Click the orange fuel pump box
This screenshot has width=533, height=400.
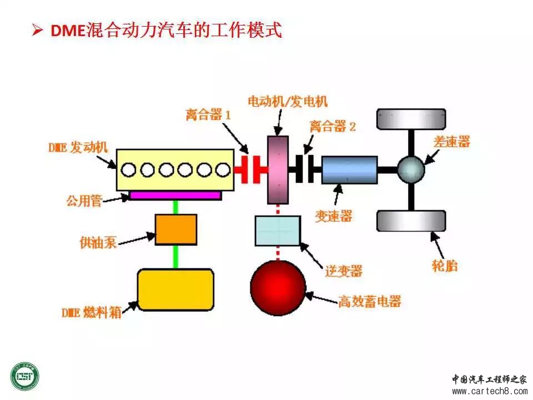[x=176, y=229]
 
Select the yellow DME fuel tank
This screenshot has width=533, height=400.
[x=175, y=289]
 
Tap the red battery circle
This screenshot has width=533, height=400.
[x=278, y=288]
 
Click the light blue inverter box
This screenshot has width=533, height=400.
[x=278, y=231]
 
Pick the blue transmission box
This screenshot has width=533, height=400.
[x=349, y=170]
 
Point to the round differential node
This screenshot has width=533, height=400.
[x=411, y=169]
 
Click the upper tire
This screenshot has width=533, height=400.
[x=411, y=119]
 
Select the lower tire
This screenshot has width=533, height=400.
[x=411, y=221]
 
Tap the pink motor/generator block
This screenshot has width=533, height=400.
[x=278, y=170]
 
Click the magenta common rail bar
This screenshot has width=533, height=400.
[x=175, y=195]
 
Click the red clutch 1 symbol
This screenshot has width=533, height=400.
[x=250, y=169]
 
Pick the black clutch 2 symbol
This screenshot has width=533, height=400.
[x=305, y=169]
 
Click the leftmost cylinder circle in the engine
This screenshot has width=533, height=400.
[x=128, y=170]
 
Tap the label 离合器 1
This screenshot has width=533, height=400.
[x=208, y=114]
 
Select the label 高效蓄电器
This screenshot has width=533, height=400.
[x=370, y=301]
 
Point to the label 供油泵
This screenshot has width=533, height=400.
[x=98, y=243]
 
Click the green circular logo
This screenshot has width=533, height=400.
[x=25, y=377]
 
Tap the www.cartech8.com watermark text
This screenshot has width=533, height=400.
[x=489, y=391]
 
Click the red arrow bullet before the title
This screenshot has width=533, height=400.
[x=37, y=30]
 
